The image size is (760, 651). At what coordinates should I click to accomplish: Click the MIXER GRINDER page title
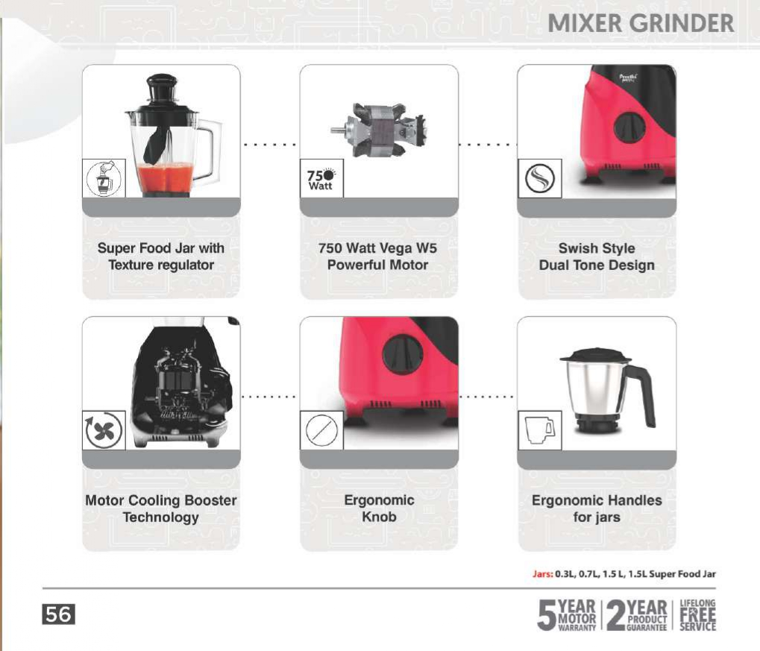pos(641,23)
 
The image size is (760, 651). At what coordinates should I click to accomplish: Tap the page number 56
pos(59,614)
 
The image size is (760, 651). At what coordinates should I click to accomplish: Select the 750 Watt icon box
pos(321,178)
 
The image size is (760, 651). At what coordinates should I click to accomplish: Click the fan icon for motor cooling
pos(104,430)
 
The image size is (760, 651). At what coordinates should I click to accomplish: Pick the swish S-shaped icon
pos(539,178)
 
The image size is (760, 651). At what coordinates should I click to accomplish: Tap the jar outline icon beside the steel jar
pos(539,430)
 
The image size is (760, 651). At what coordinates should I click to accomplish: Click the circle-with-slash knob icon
pos(321,430)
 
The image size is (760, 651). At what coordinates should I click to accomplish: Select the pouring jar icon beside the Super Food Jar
pos(104,178)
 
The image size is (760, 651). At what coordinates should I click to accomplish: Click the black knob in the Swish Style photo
pos(629,128)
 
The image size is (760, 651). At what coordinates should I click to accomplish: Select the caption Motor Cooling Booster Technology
pos(161,509)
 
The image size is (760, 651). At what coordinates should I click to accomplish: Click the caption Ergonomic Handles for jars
pos(597,509)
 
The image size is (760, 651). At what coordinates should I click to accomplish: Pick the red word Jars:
pos(542,574)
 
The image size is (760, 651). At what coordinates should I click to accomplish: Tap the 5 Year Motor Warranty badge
pos(567,615)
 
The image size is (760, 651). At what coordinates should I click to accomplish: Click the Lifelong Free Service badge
pos(697,615)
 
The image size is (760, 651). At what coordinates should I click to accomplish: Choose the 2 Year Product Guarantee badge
pos(637,615)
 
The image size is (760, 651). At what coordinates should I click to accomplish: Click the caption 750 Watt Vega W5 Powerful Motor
pos(377,257)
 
